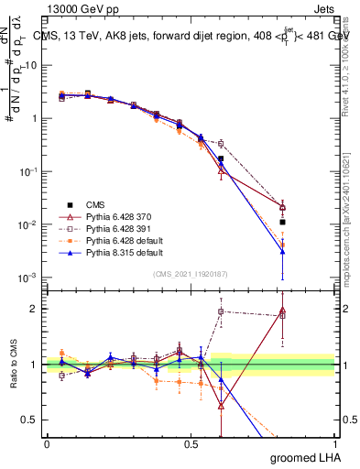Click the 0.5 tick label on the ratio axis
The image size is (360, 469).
(35, 420)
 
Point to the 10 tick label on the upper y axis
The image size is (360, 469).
(35, 65)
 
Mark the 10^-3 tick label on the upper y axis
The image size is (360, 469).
(33, 278)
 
